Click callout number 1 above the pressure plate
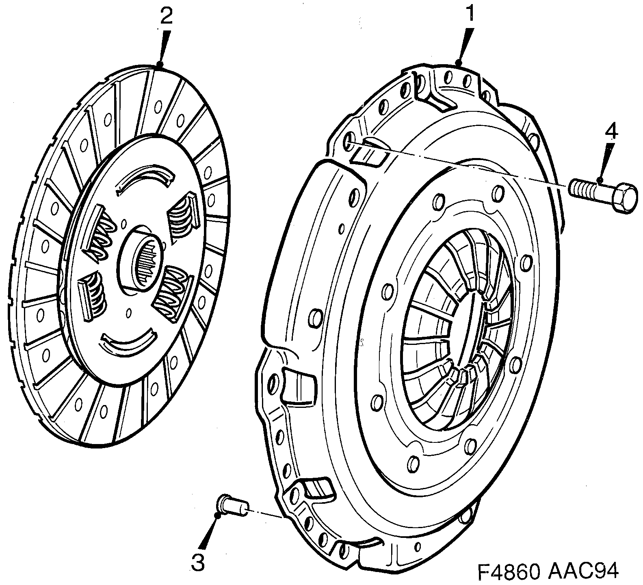[470, 14]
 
